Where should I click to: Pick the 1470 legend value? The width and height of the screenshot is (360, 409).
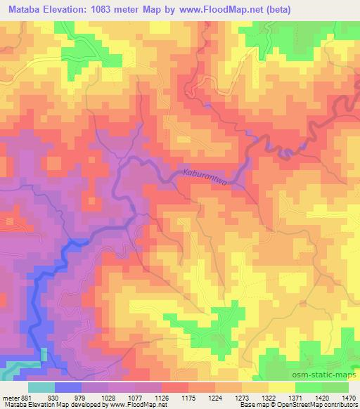[347, 396]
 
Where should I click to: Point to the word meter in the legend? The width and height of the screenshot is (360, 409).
[11, 396]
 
